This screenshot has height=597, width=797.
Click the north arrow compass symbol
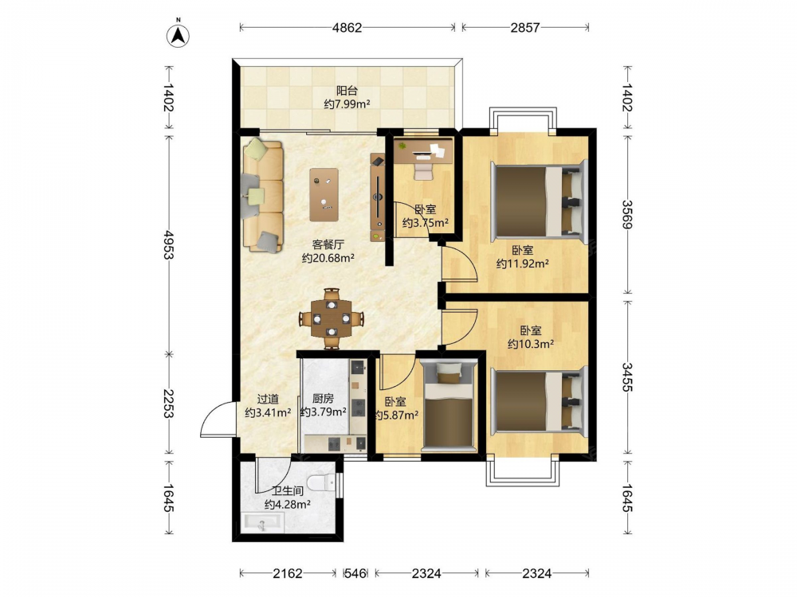pos(178,33)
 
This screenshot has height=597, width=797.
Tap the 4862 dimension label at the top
pos(347,27)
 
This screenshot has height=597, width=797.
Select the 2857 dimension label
pos(525,27)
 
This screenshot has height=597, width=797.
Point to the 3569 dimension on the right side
pos(628,215)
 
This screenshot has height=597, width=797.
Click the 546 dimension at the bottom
pos(355,574)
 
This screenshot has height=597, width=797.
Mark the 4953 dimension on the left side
pos(168,244)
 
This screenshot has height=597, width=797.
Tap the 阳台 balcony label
pos(347,91)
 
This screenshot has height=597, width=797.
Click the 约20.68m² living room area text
pos(328,258)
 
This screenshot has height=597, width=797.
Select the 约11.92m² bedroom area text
pos(523,263)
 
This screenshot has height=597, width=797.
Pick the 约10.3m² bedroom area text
pos(531,344)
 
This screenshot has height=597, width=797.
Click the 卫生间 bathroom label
pos(287,491)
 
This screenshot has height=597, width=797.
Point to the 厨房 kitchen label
pos(324,399)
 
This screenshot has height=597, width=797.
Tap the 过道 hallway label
pos(268,399)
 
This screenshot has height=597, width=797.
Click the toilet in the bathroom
pos(322,483)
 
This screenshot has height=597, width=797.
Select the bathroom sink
pos(263,523)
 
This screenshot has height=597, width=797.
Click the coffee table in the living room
pos(324,195)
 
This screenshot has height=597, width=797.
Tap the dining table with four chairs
pos(332,318)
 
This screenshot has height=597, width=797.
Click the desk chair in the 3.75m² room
pos(423,168)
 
